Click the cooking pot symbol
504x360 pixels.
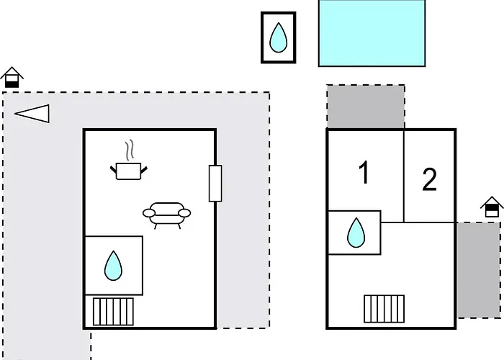pyautogui.click(x=128, y=171)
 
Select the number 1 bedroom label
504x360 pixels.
pyautogui.click(x=364, y=172)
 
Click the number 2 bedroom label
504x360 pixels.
pyautogui.click(x=429, y=180)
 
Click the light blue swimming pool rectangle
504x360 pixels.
pyautogui.click(x=372, y=33)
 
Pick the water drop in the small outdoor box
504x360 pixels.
pyautogui.click(x=278, y=37)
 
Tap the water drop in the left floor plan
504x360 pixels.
pyautogui.click(x=113, y=266)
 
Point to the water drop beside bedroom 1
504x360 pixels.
pyautogui.click(x=356, y=233)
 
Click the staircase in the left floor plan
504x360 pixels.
pyautogui.click(x=113, y=312)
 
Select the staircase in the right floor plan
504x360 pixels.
pyautogui.click(x=384, y=309)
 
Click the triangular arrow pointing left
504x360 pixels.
pyautogui.click(x=32, y=114)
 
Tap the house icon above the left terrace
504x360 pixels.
pyautogui.click(x=12, y=77)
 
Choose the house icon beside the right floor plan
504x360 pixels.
pyautogui.click(x=492, y=207)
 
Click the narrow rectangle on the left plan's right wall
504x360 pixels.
pyautogui.click(x=215, y=184)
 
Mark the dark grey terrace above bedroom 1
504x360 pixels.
pyautogui.click(x=366, y=107)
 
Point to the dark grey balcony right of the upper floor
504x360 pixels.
pyautogui.click(x=479, y=270)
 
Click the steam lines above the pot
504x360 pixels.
pyautogui.click(x=130, y=150)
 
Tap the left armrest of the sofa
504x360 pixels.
pyautogui.click(x=149, y=213)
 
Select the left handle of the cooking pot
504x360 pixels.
pyautogui.click(x=113, y=169)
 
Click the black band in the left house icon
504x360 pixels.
pyautogui.click(x=12, y=84)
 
